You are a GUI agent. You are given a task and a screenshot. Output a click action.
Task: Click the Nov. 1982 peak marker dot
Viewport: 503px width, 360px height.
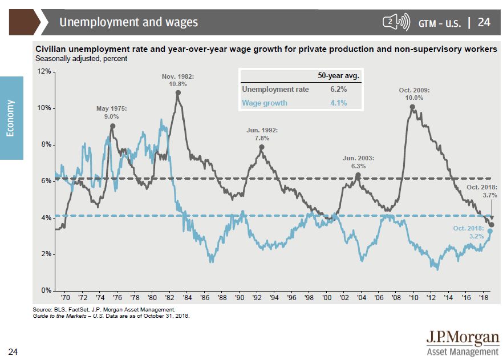pyautogui.click(x=178, y=92)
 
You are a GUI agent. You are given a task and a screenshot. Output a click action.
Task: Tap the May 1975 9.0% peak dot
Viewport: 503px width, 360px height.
pyautogui.click(x=112, y=126)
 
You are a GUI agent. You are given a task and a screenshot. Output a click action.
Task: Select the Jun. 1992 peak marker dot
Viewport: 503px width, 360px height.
pyautogui.click(x=262, y=147)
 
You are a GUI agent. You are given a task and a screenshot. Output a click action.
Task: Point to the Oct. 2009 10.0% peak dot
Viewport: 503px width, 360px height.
pyautogui.click(x=412, y=107)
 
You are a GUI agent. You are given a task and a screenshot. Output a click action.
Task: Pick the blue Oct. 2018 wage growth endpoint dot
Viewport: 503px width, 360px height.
pyautogui.click(x=490, y=231)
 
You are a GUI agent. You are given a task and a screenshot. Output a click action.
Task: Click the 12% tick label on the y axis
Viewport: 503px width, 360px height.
pyautogui.click(x=43, y=71)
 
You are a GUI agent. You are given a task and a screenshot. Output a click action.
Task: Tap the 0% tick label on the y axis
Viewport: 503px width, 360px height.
pyautogui.click(x=45, y=290)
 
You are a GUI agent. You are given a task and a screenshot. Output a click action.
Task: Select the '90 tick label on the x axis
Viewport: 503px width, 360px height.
pyautogui.click(x=240, y=298)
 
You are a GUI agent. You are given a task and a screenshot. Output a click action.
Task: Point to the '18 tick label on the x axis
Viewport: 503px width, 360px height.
pyautogui.click(x=483, y=298)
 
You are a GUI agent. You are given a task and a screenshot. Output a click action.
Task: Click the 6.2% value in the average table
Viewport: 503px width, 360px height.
pyautogui.click(x=338, y=90)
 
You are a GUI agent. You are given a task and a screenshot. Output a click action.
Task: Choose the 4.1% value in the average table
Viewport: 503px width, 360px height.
pyautogui.click(x=338, y=103)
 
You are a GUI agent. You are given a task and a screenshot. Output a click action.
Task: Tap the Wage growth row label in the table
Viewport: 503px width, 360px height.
pyautogui.click(x=265, y=103)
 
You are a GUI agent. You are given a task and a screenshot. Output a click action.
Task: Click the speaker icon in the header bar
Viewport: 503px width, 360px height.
pyautogui.click(x=396, y=22)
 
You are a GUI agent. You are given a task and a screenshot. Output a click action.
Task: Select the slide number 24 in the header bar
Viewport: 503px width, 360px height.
pyautogui.click(x=484, y=22)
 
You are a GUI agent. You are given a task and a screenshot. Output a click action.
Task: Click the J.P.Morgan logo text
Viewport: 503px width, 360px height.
pyautogui.click(x=463, y=338)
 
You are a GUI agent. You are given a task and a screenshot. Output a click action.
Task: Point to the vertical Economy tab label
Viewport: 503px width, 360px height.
pyautogui.click(x=11, y=118)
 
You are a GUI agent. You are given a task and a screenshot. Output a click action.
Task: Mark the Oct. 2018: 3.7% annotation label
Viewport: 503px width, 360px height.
pyautogui.click(x=482, y=191)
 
